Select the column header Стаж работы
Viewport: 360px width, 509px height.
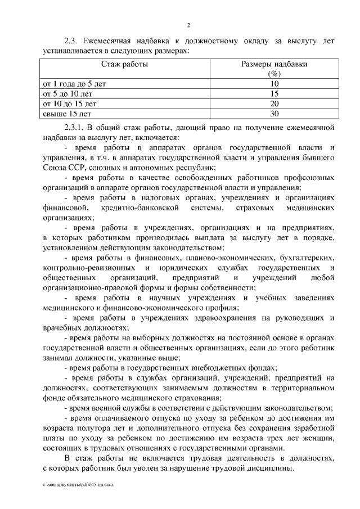point(125,65)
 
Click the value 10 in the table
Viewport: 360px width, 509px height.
point(274,84)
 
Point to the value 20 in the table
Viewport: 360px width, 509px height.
point(274,104)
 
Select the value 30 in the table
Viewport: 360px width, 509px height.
point(274,114)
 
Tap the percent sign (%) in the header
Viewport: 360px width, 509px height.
point(274,74)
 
